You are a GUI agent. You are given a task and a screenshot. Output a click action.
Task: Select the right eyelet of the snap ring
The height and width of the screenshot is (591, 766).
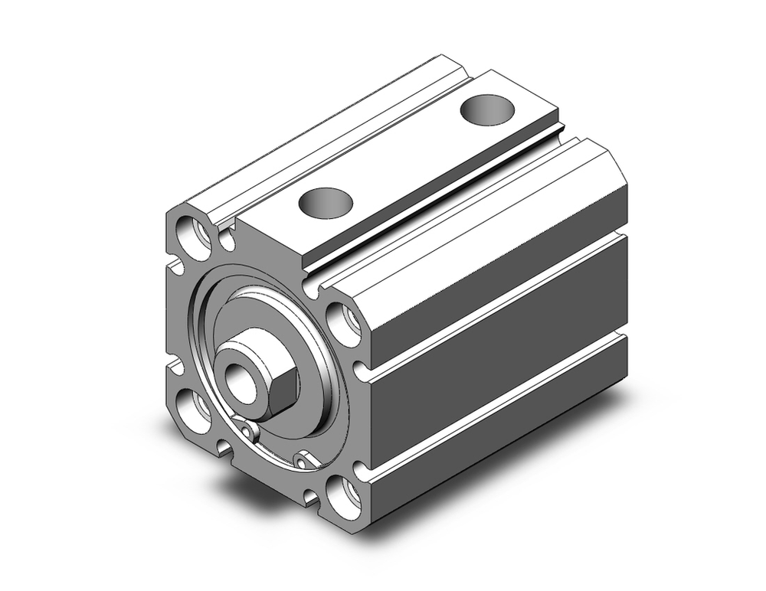(x=304, y=462)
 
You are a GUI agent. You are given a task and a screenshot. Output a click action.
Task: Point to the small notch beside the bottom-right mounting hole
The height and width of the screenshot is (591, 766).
(x=311, y=498)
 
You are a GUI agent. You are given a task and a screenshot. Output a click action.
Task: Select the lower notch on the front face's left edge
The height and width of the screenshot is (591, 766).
(x=175, y=368)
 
